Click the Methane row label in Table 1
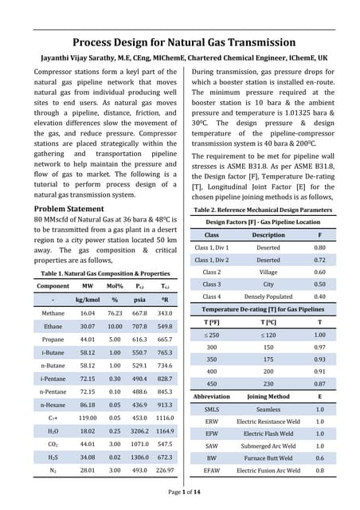53,313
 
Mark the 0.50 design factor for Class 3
320,284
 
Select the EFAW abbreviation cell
212,471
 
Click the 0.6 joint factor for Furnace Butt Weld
320,458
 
